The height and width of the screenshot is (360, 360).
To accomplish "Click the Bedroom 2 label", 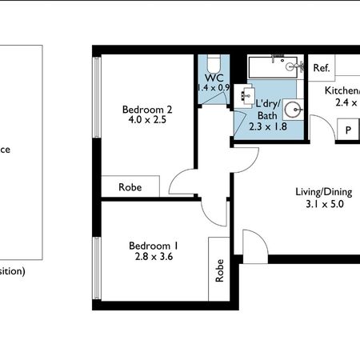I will (146, 110).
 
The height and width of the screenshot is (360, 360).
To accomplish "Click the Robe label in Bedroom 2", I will (130, 186).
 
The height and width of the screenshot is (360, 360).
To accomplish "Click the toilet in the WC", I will (214, 63).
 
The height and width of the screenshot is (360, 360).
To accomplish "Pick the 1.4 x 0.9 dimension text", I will (214, 87).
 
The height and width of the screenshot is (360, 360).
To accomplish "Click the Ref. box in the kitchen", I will (322, 68).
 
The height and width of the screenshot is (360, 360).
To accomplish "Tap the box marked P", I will (349, 131).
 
